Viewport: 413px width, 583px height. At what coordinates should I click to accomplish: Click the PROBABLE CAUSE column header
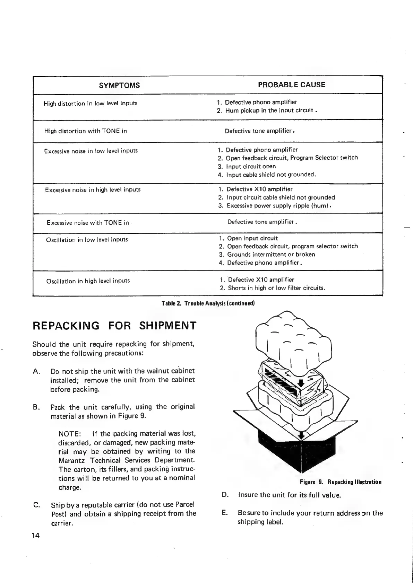[x=292, y=85]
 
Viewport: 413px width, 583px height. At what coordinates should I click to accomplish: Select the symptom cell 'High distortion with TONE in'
[x=85, y=131]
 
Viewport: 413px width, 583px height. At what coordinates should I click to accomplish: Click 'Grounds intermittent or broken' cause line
[x=271, y=255]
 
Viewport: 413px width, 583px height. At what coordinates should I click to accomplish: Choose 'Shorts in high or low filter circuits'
[x=276, y=288]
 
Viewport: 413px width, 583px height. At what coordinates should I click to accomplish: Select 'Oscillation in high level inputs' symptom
[x=88, y=281]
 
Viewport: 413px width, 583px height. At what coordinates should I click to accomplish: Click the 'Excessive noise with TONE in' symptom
[x=88, y=223]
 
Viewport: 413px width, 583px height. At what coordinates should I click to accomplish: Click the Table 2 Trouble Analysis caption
[x=208, y=303]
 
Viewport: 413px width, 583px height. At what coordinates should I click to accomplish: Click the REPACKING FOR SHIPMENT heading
[x=114, y=326]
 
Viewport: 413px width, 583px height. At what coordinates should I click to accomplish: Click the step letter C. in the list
[x=36, y=505]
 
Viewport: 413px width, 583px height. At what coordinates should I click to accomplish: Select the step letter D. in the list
[x=225, y=495]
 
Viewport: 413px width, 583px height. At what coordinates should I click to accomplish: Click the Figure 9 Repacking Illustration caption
[x=341, y=482]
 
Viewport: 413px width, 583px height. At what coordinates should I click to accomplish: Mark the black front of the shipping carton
[x=281, y=450]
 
